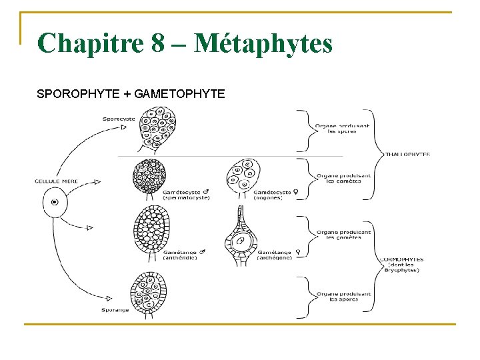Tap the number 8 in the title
click(158, 44)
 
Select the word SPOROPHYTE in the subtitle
click(80, 94)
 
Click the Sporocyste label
click(119, 119)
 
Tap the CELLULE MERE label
click(57, 181)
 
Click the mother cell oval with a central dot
click(55, 201)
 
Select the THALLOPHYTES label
click(408, 155)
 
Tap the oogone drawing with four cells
click(242, 175)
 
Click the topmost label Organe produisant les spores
click(342, 129)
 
